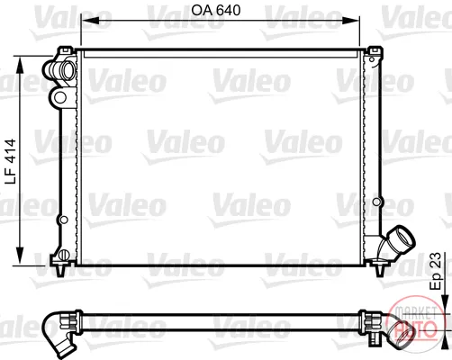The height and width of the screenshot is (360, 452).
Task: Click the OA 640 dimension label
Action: point(216,11)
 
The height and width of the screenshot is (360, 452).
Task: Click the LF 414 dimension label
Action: point(11,162)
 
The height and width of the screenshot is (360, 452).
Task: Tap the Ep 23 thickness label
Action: point(436,271)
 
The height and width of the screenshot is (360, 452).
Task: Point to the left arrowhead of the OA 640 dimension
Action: point(90,21)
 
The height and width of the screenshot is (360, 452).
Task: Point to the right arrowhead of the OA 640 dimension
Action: point(350,21)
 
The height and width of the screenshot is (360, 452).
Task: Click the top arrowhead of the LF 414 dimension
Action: point(20,65)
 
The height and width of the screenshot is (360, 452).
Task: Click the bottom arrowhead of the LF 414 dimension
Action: point(20,256)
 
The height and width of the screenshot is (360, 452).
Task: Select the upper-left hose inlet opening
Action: point(68,71)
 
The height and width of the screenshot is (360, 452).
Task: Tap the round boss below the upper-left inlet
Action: point(60,97)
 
